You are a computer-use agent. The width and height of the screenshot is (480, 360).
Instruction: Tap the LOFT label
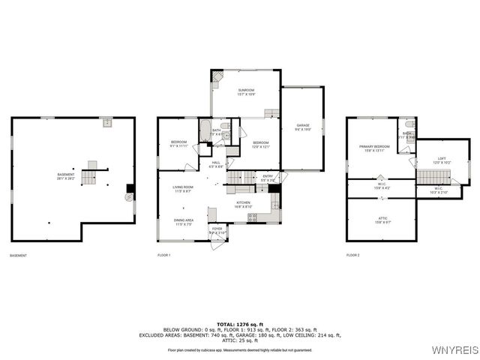pyautogui.click(x=442, y=159)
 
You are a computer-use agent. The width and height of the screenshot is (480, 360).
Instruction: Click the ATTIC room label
pyautogui.click(x=382, y=219)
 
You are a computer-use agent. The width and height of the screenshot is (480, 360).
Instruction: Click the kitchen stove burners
pyautogui.click(x=253, y=218)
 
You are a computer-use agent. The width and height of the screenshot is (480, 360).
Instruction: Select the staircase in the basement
pyautogui.click(x=89, y=178)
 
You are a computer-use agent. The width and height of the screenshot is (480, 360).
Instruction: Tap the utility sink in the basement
pyautogui.click(x=107, y=121)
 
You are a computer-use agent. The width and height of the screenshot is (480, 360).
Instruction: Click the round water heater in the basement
pyautogui.click(x=128, y=197)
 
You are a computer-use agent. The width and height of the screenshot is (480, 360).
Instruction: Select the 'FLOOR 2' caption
pyautogui.click(x=353, y=256)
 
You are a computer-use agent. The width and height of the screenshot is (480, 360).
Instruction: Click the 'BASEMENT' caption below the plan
pyautogui.click(x=19, y=256)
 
